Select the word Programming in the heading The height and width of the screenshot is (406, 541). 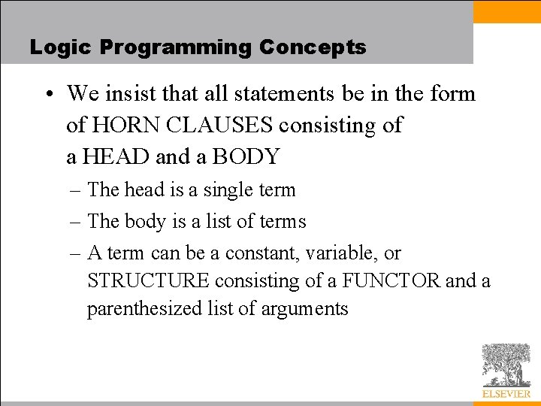[x=175, y=47]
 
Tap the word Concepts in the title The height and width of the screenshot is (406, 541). [x=313, y=47]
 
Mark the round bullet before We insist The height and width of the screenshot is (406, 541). [x=47, y=95]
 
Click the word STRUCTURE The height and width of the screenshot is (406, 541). [x=148, y=281]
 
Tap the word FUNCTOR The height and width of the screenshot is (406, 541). [x=391, y=281]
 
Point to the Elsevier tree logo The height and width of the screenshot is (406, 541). [x=506, y=365]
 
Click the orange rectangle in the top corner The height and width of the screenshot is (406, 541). [x=506, y=11]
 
